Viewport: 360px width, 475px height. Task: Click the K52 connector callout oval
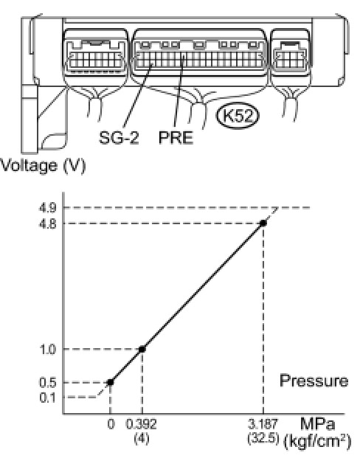(x=238, y=116)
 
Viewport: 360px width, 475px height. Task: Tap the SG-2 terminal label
(x=119, y=137)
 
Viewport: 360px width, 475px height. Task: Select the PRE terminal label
(x=176, y=137)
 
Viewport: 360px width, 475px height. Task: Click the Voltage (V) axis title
(x=43, y=166)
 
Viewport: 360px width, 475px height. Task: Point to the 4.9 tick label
(x=47, y=208)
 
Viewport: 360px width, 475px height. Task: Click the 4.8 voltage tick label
(x=47, y=224)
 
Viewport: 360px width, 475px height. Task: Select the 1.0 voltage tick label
(x=48, y=350)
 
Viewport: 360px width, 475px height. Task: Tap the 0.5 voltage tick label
(x=47, y=383)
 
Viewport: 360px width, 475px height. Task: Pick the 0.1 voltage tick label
(x=47, y=398)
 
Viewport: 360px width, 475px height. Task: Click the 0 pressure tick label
(x=111, y=424)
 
